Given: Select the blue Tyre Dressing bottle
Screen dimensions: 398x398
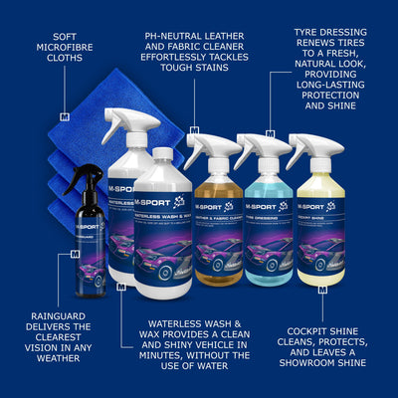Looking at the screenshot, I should point(262,224).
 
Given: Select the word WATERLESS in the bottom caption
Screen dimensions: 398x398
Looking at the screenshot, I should point(170,324).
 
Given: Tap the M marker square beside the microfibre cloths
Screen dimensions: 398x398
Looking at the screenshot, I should point(65,117).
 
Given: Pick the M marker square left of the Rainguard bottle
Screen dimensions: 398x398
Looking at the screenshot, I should point(75,256).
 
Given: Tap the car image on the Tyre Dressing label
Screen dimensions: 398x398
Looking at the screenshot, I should point(262,249).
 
